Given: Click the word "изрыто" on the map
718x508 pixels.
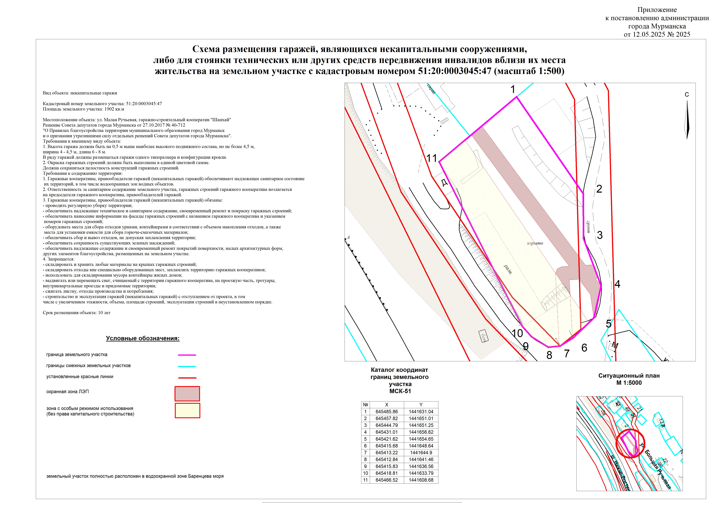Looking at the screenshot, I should point(535,243).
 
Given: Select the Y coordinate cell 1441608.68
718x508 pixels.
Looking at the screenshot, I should point(421,480).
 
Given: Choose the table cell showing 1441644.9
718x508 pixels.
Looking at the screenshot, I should point(421,453).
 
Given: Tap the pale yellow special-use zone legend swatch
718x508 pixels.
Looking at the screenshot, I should point(187,411).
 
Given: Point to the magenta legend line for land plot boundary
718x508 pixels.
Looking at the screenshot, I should point(187,355).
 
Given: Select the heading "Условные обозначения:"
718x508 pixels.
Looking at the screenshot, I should point(143,338).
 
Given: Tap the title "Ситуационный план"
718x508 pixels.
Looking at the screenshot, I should point(629,376).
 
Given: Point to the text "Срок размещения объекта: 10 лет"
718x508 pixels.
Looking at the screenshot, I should point(77,313).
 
